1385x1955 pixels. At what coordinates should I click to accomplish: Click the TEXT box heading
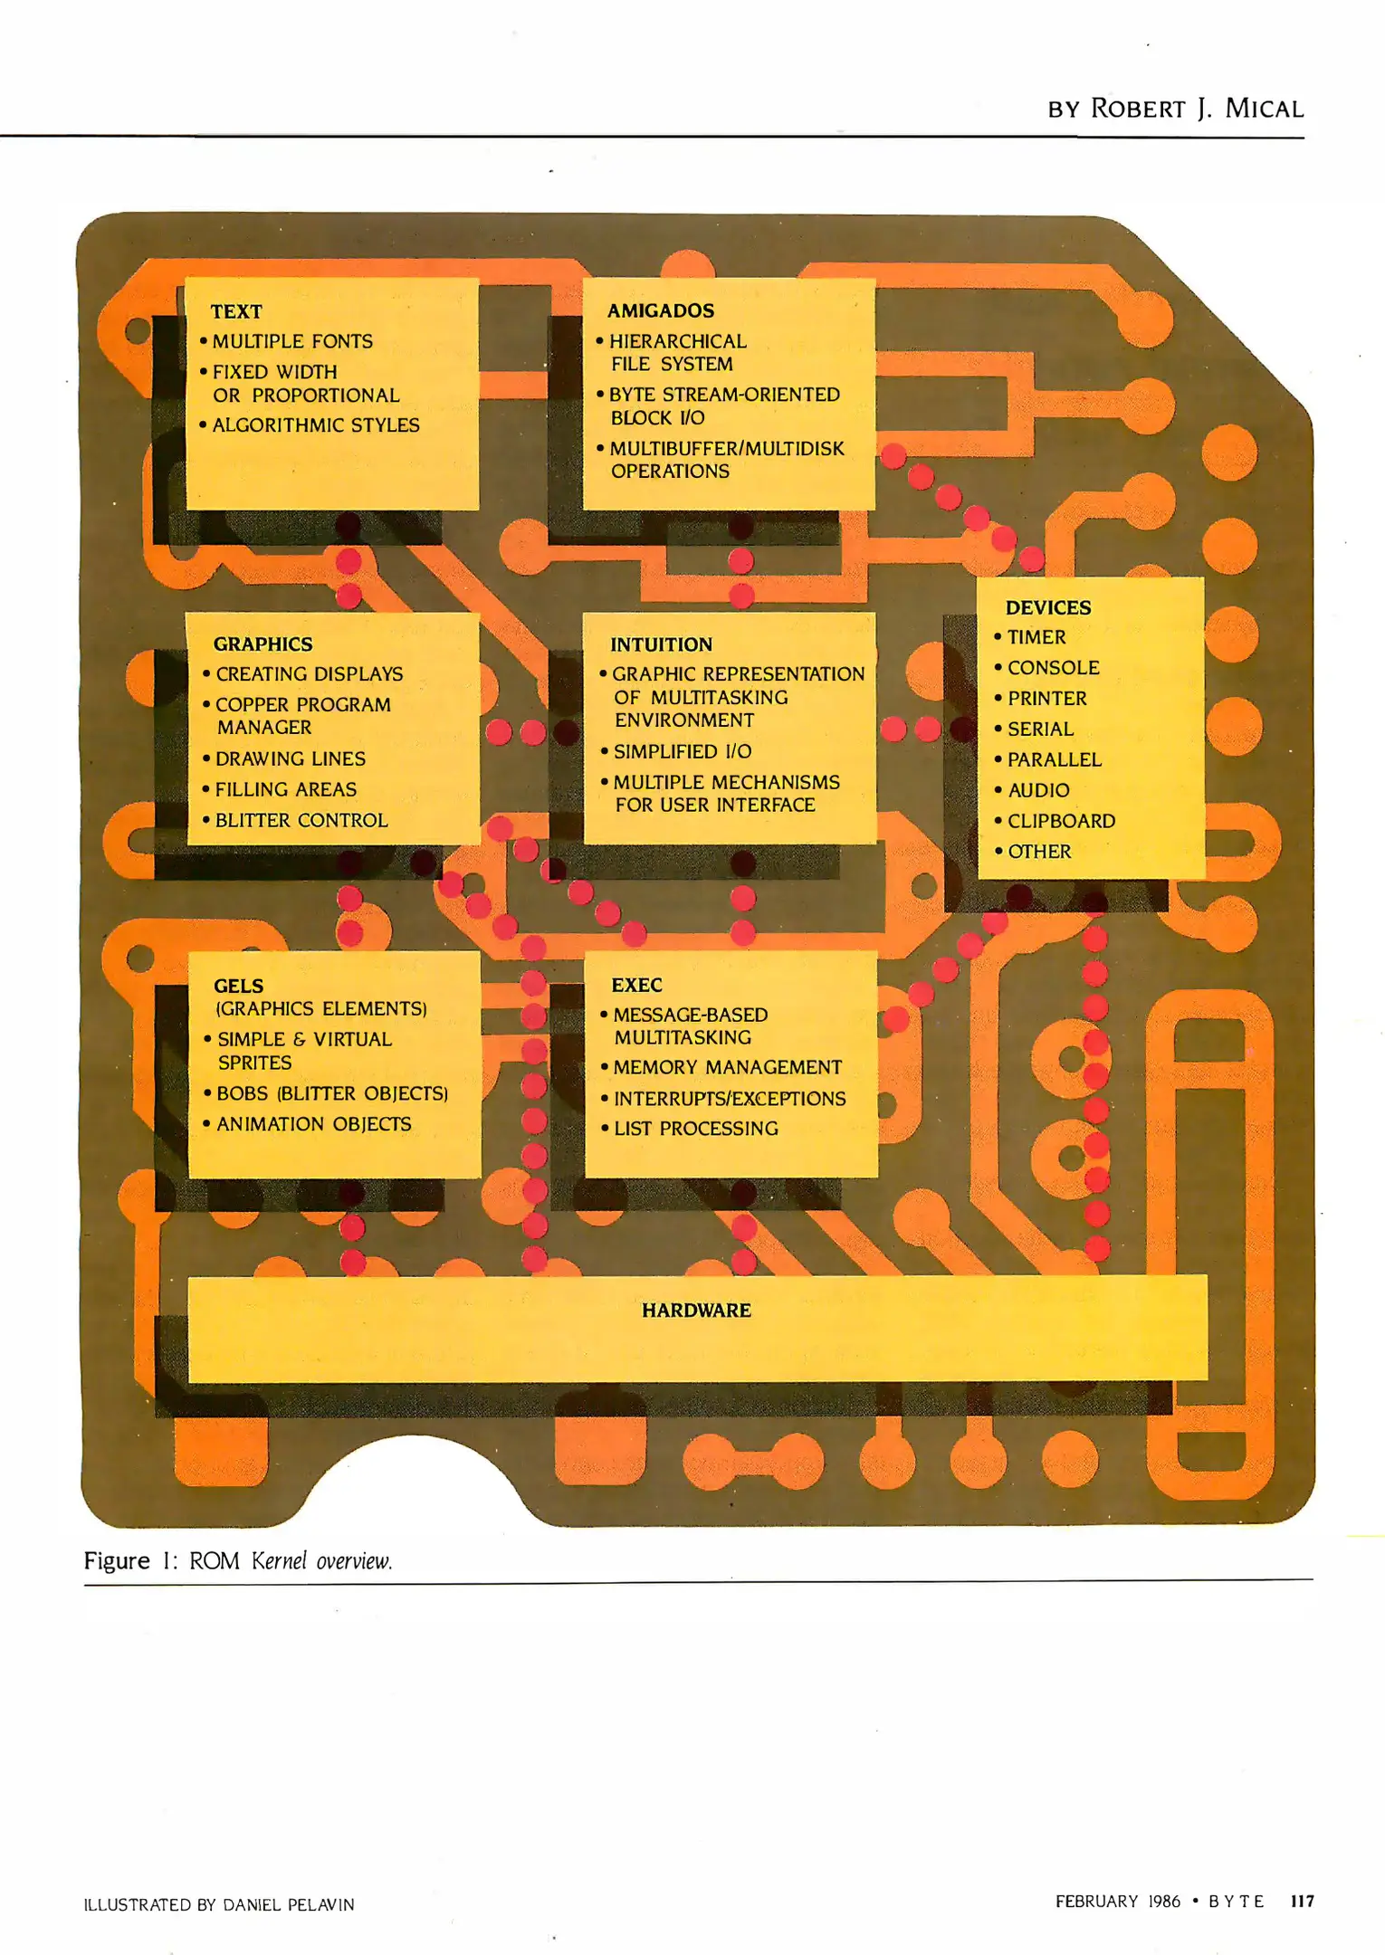[x=236, y=311]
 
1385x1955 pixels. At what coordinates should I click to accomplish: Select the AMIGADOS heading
[x=661, y=310]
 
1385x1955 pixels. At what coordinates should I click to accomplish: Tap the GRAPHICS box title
[x=263, y=644]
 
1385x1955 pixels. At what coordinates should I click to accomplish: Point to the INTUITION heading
[x=661, y=644]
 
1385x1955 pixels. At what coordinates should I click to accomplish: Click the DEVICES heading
[x=1048, y=607]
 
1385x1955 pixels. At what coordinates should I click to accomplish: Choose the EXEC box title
[x=636, y=985]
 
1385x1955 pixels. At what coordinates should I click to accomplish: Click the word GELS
[x=238, y=986]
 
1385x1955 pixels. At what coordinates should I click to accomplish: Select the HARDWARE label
[x=696, y=1310]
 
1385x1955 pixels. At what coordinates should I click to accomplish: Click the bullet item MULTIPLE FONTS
[x=291, y=341]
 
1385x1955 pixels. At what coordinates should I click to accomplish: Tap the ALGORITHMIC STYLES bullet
[x=315, y=425]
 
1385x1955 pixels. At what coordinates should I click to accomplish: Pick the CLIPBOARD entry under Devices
[x=1061, y=821]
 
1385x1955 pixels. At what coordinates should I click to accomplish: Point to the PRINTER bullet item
[x=1046, y=699]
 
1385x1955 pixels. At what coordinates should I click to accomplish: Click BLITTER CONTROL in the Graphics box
[x=301, y=820]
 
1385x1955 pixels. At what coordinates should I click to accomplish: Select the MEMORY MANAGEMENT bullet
[x=727, y=1068]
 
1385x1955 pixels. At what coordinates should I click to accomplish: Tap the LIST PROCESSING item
[x=695, y=1129]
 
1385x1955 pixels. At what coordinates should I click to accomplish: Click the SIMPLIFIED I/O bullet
[x=682, y=751]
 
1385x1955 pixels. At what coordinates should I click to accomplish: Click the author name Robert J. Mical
[x=1196, y=109]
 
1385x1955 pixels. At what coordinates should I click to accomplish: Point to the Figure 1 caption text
[x=238, y=1560]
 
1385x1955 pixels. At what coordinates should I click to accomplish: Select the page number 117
[x=1302, y=1901]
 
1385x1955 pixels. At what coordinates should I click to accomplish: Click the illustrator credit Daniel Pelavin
[x=288, y=1904]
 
